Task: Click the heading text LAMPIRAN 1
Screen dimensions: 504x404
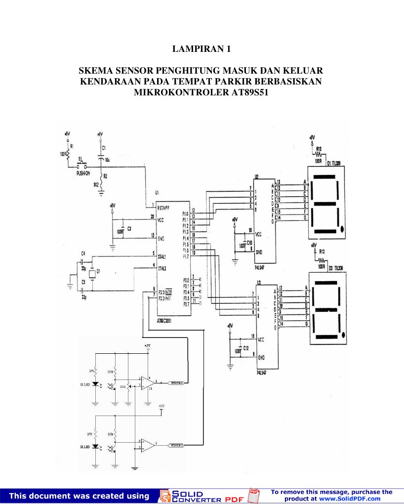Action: (202, 49)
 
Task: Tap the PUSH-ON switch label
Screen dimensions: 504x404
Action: (82, 173)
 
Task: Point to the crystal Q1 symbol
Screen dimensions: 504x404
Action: (91, 273)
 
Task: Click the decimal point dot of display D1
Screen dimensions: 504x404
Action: (342, 228)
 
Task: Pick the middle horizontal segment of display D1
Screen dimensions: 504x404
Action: (324, 204)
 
